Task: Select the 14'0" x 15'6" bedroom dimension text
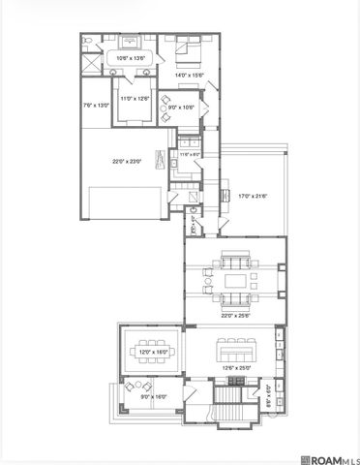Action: click(190, 75)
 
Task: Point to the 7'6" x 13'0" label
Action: click(95, 106)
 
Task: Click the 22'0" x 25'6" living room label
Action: click(234, 315)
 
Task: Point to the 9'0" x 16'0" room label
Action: click(154, 396)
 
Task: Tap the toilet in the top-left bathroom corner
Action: click(88, 41)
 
